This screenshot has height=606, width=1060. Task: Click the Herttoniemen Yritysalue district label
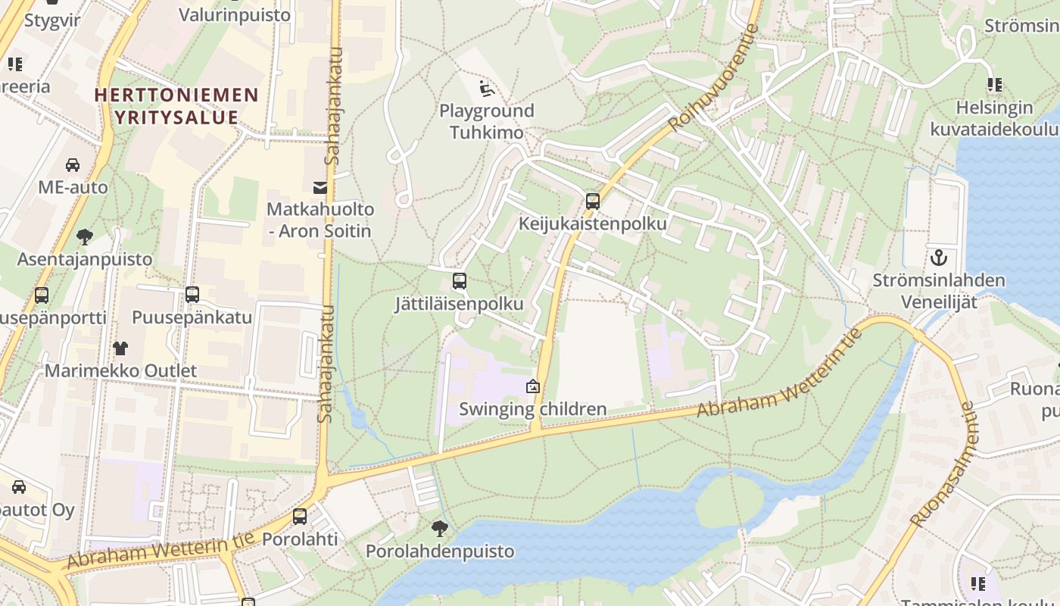(x=176, y=106)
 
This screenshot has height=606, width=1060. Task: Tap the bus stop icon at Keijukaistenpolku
(x=593, y=201)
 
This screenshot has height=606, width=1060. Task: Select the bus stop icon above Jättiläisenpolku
(x=460, y=281)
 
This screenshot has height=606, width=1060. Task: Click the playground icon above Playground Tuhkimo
(x=488, y=89)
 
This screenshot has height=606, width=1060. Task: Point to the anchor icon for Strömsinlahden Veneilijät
(x=939, y=258)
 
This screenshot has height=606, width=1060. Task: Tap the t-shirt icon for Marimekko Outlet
(x=120, y=348)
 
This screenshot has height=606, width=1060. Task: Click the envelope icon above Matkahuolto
(x=320, y=187)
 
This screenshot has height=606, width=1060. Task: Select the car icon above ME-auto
(x=73, y=164)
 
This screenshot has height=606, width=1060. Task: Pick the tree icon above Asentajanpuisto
(x=85, y=237)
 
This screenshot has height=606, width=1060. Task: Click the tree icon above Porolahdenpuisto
(x=440, y=529)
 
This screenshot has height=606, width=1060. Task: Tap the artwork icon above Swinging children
(x=533, y=387)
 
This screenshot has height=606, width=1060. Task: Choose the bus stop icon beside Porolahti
(x=300, y=517)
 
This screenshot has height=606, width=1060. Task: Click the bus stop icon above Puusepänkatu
(x=192, y=295)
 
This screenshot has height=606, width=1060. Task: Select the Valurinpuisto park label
(x=235, y=14)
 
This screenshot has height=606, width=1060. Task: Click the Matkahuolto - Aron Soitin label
(x=320, y=220)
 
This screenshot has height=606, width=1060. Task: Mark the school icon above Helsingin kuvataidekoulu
(x=994, y=85)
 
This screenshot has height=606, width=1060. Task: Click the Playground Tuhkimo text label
(x=487, y=121)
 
